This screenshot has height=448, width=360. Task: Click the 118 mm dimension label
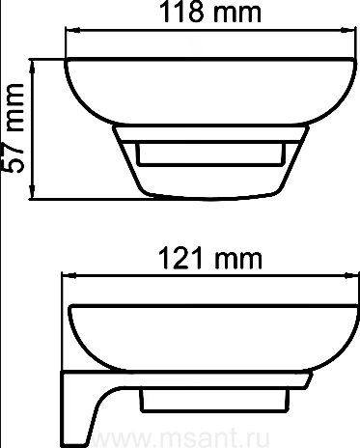click(210, 13)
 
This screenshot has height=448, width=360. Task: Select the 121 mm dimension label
click(210, 258)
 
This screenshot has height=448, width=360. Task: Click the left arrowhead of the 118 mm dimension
click(72, 30)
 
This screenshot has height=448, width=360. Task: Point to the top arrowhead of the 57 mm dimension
click(32, 67)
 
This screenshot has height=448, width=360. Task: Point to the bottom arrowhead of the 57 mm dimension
click(32, 192)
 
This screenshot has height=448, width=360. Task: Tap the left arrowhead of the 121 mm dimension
click(69, 275)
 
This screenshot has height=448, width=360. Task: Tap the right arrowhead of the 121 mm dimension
click(351, 275)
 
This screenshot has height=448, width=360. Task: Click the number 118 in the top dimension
click(181, 13)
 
